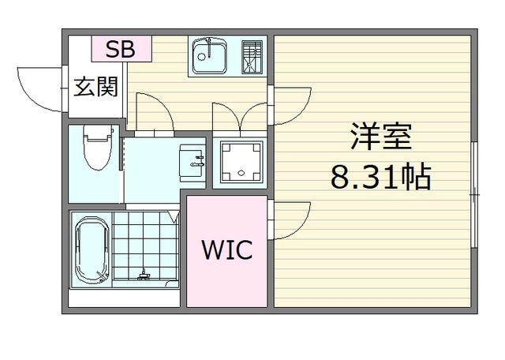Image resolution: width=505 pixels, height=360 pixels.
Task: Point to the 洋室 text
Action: pos(382,138)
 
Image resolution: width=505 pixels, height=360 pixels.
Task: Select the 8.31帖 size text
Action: pos(380,177)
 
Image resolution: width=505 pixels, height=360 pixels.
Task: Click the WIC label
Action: pos(226,251)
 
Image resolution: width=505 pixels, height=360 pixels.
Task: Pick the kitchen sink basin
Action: pos(208,54)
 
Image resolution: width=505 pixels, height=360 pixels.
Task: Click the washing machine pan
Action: pos(239,162)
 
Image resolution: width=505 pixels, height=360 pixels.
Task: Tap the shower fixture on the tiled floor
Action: pos(144,276)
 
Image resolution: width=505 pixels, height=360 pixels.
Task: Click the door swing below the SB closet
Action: pos(154,109)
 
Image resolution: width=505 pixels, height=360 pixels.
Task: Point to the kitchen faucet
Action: pos(203,43)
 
